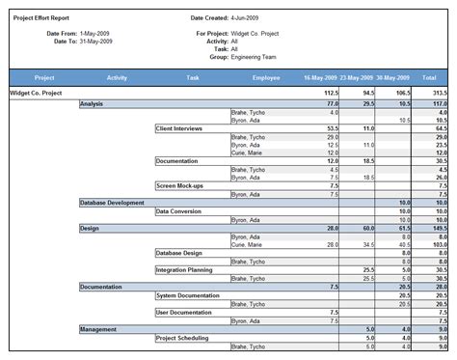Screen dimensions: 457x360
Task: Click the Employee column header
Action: point(266,76)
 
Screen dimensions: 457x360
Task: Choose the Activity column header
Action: point(118,76)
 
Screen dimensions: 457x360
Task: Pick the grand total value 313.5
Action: point(438,94)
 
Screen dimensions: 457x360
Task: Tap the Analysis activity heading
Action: point(94,102)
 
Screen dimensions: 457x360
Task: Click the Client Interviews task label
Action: point(180,127)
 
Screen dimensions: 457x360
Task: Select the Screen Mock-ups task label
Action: point(178,185)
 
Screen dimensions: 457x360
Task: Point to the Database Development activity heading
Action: point(112,203)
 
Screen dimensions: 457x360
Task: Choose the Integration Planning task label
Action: point(183,269)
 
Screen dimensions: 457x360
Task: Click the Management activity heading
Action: point(98,328)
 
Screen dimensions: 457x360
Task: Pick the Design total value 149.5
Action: point(438,228)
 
